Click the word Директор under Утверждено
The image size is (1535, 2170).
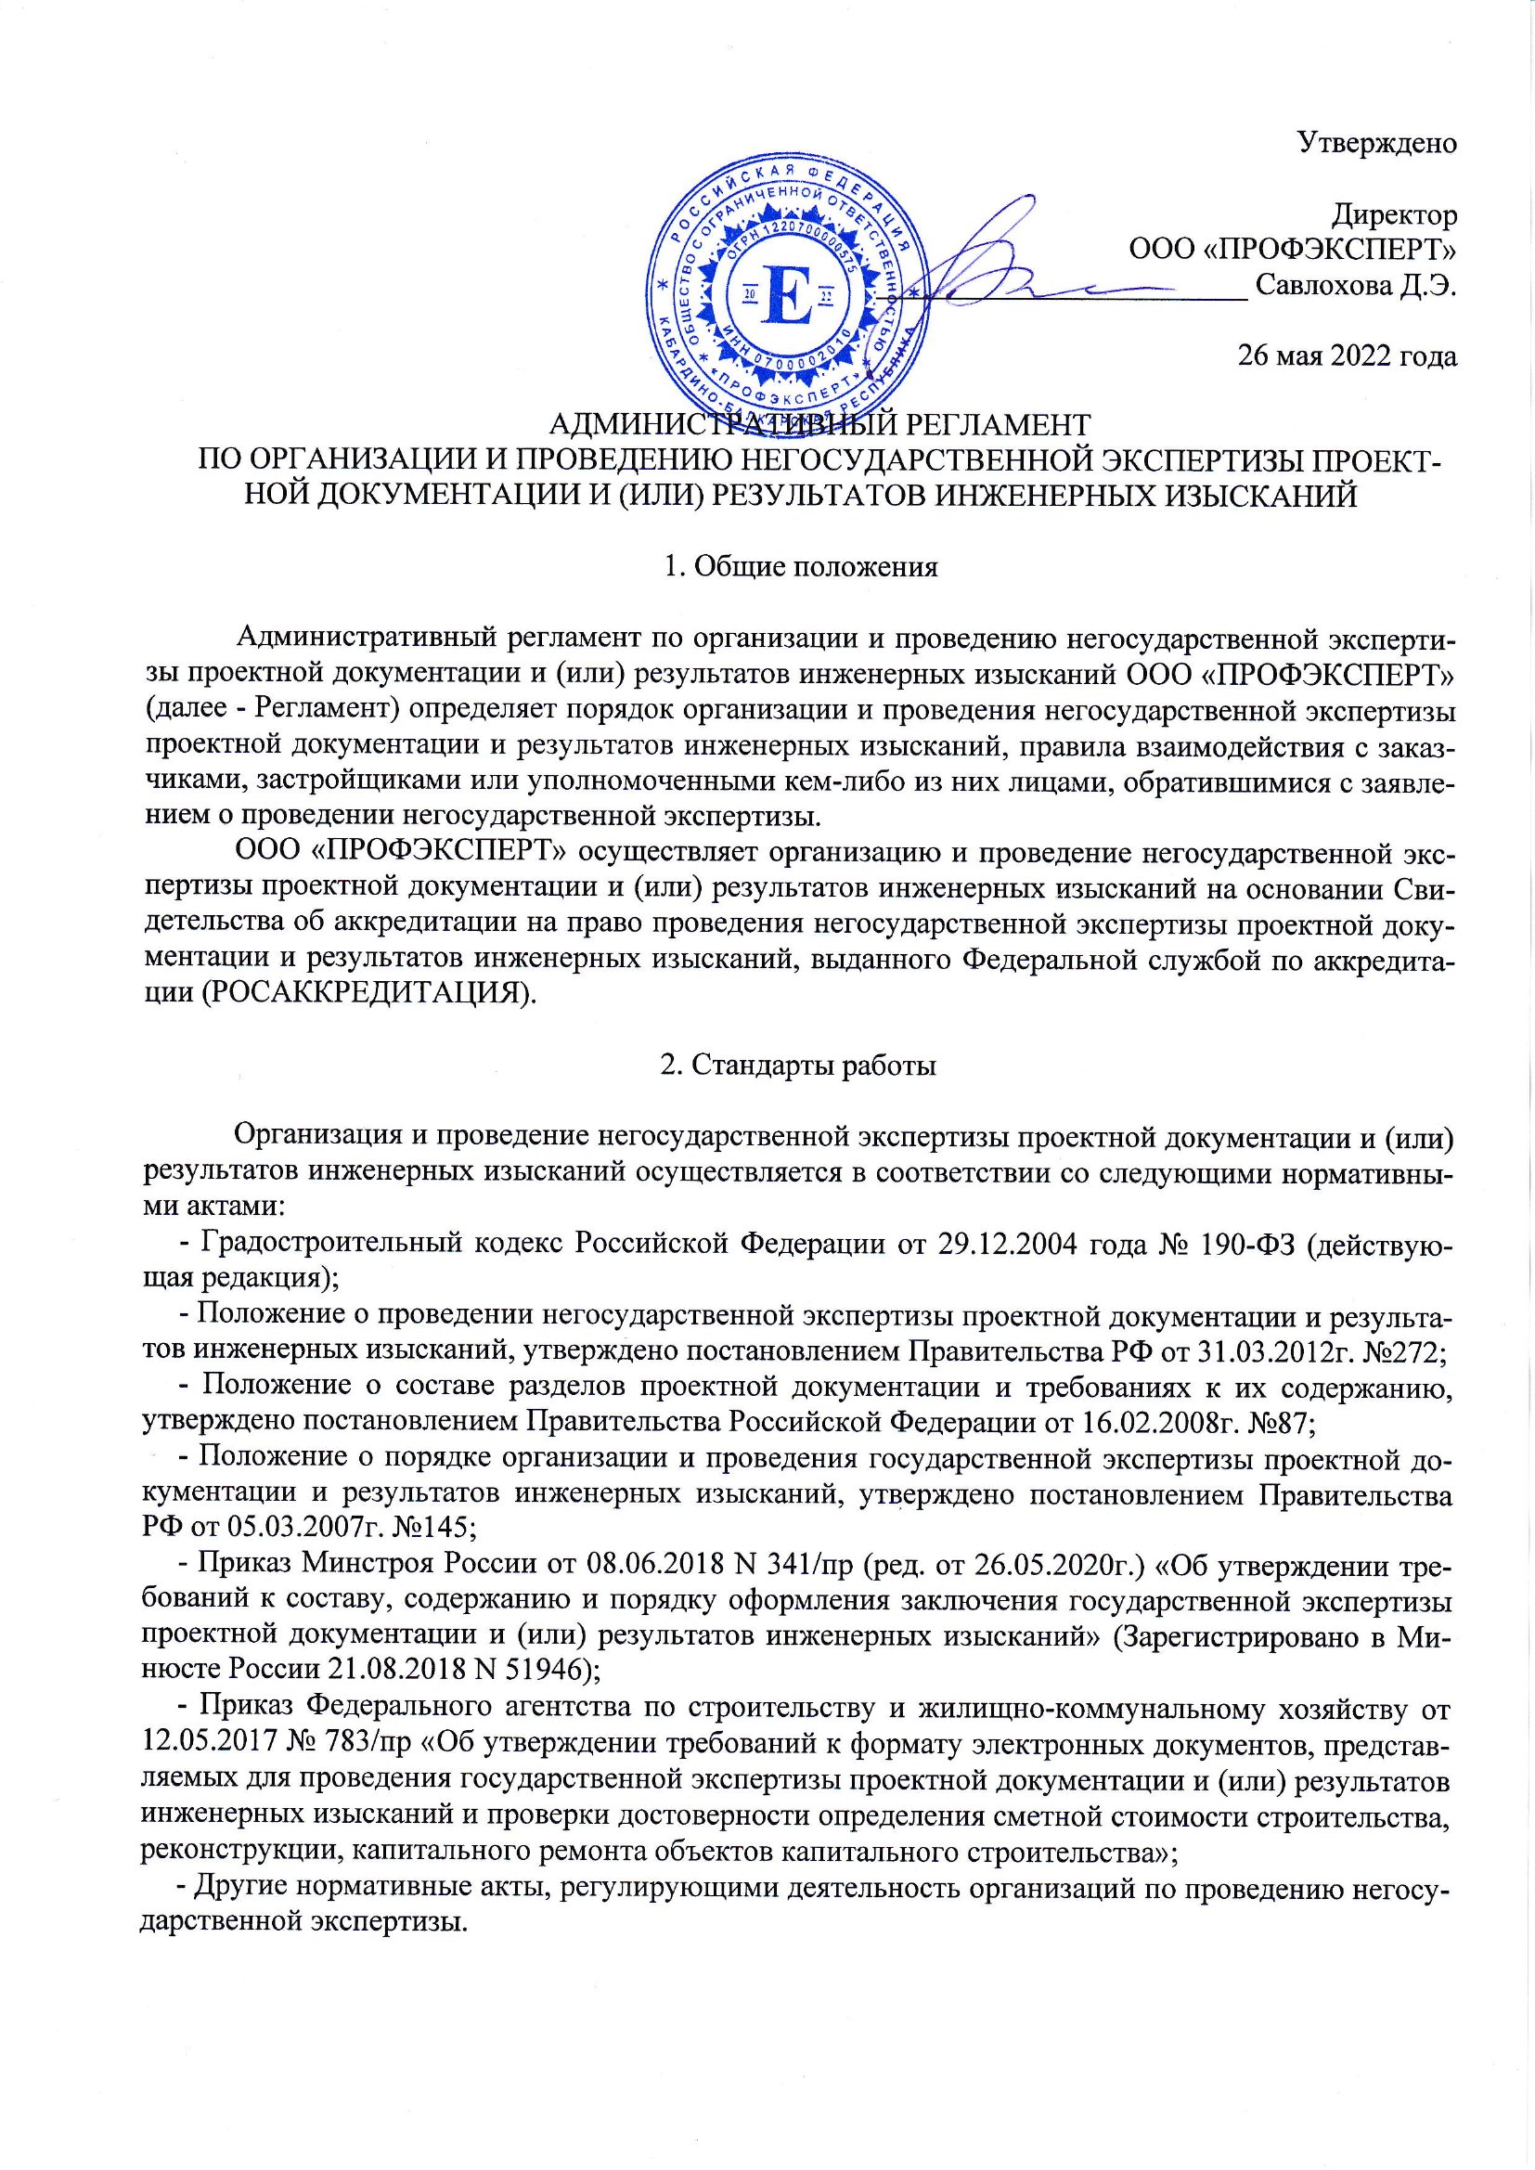[1393, 216]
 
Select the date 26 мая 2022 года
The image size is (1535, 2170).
[1347, 356]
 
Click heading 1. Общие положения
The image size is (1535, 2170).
[801, 567]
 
